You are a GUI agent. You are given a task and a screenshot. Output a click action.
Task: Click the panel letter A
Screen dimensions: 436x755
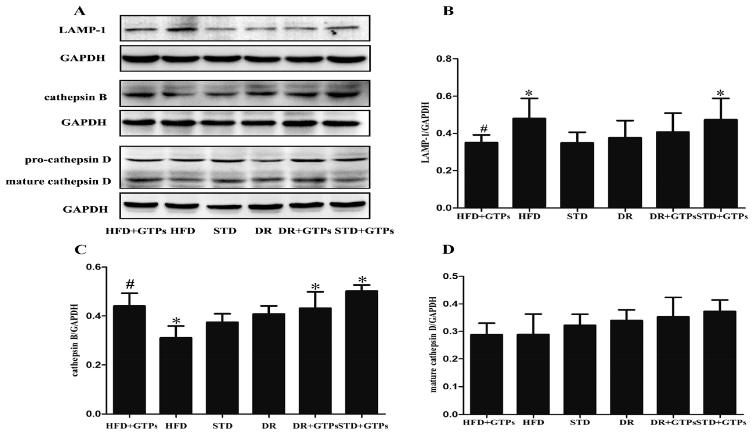click(x=80, y=11)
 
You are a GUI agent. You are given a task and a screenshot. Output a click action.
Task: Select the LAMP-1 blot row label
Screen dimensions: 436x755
click(x=82, y=30)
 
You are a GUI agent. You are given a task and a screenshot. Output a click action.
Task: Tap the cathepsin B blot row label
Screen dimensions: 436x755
click(x=75, y=97)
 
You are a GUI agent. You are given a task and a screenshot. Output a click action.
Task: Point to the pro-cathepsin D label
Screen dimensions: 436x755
click(x=68, y=160)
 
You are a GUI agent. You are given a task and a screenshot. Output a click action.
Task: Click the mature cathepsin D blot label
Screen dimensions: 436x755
click(x=58, y=181)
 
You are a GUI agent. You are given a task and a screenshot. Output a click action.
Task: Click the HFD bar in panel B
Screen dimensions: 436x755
click(x=529, y=163)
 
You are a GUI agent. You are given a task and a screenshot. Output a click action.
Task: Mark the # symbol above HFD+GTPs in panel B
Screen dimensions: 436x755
click(x=484, y=129)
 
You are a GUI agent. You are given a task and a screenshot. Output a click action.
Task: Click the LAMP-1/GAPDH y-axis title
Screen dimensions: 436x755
click(x=425, y=133)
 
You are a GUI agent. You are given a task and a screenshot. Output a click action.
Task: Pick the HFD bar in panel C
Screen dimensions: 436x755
click(x=176, y=376)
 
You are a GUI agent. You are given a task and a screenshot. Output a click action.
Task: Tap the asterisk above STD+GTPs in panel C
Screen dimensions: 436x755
click(x=362, y=280)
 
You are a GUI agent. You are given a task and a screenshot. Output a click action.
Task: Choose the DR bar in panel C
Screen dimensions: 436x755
click(x=269, y=364)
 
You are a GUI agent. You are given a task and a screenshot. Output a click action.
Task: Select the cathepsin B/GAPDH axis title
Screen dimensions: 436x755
click(x=75, y=340)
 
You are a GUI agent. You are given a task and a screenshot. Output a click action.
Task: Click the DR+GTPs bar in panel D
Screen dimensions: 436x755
click(x=673, y=365)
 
